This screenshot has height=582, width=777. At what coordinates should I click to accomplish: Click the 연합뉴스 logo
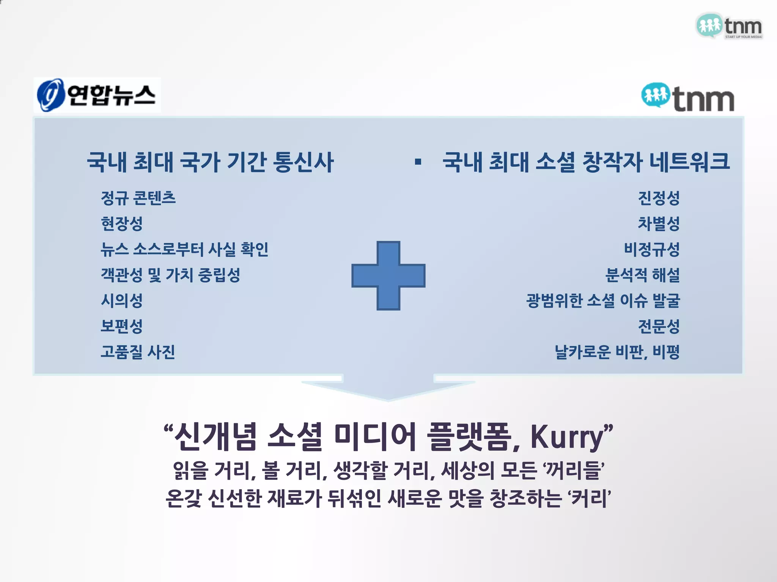pos(97,95)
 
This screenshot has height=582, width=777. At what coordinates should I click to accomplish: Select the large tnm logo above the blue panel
pos(687,98)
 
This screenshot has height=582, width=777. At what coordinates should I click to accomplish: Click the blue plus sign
pos(388,275)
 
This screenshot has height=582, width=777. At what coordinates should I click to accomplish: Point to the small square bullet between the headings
pos(418,162)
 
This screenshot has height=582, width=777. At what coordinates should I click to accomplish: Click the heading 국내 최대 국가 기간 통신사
pos(210,162)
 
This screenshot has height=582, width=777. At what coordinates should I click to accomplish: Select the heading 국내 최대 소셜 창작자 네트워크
pos(586,162)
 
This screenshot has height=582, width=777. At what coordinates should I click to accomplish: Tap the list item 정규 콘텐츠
pos(138,198)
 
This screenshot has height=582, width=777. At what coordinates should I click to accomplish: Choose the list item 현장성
pos(121,224)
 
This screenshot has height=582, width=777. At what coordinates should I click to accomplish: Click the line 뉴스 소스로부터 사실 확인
pos(184,249)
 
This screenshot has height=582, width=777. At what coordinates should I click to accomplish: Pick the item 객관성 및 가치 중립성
pos(170,275)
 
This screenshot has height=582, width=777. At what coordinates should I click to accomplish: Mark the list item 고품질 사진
pos(138,352)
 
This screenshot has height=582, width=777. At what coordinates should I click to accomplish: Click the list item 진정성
pos(659,198)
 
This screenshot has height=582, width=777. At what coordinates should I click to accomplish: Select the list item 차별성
pos(659,224)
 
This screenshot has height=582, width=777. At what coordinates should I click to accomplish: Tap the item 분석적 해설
pos(642,275)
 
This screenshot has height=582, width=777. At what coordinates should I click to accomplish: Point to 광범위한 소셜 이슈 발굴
pos(603,301)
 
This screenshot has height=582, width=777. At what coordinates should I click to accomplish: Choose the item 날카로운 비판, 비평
pos(617,352)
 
